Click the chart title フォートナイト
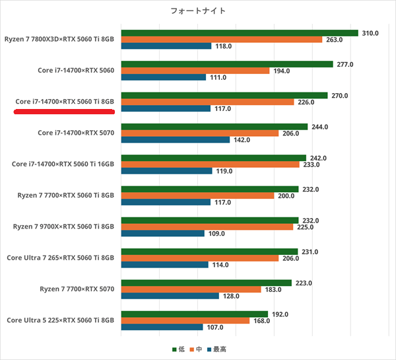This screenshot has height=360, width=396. click(x=197, y=11)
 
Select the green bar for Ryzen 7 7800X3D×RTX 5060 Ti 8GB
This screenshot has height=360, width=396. click(x=240, y=32)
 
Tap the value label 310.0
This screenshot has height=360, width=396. click(x=370, y=32)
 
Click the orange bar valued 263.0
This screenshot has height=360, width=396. click(x=222, y=39)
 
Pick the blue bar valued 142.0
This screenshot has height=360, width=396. click(x=176, y=139)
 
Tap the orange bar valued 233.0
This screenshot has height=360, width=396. click(x=211, y=164)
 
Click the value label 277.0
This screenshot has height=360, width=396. click(x=345, y=64)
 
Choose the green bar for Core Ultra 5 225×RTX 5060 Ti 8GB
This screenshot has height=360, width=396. click(x=195, y=314)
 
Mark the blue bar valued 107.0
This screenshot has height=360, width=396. click(x=162, y=327)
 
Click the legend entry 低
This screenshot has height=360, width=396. click(x=178, y=349)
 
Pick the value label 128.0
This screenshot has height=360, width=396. click(x=232, y=296)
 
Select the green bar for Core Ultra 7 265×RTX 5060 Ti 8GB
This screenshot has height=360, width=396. click(x=209, y=252)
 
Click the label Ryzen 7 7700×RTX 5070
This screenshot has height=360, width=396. click(x=77, y=289)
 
